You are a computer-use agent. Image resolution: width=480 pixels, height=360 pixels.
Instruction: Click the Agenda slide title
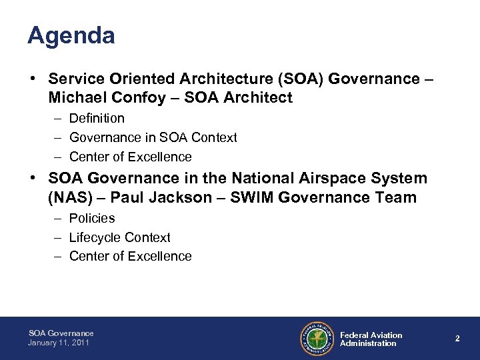[71, 36]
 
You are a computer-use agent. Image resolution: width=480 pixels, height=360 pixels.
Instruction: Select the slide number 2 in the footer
[457, 339]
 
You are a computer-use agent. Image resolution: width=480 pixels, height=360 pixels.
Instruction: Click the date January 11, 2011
[59, 343]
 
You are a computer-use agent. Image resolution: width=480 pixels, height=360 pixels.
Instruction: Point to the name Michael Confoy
[97, 99]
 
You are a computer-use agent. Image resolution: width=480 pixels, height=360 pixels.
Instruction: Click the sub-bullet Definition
[97, 118]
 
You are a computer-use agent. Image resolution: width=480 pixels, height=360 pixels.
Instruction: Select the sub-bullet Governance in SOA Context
[153, 137]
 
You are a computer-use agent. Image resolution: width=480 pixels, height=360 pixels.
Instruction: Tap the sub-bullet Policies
[92, 218]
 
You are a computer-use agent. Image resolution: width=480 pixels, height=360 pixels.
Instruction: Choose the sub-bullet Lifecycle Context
[120, 237]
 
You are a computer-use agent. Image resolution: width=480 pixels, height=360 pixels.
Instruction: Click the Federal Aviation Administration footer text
[371, 339]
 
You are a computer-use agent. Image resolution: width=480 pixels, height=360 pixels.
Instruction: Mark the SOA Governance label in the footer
[61, 333]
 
